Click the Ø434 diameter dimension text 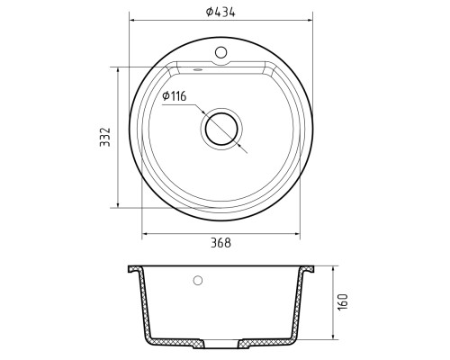click(220, 12)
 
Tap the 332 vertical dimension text click(105, 137)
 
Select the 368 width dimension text click(220, 243)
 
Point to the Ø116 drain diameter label click(175, 96)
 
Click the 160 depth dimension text click(343, 302)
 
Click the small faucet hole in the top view click(221, 52)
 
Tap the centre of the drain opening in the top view click(221, 129)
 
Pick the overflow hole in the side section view click(198, 281)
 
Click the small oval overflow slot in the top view click(197, 69)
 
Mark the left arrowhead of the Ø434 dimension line click(132, 21)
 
